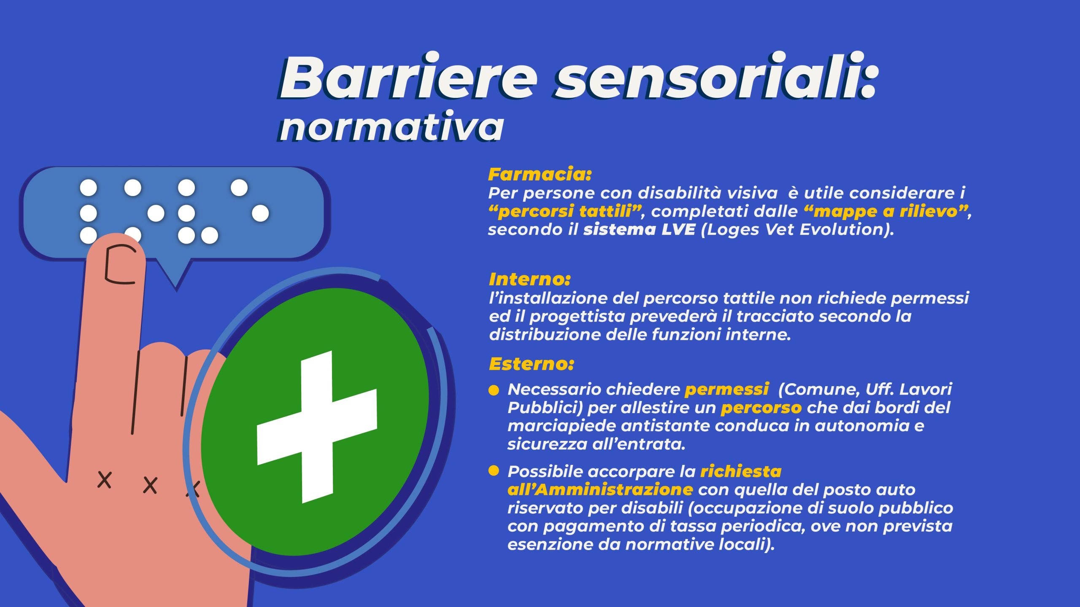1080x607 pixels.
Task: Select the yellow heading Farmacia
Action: [540, 174]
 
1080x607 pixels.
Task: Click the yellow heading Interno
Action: [529, 279]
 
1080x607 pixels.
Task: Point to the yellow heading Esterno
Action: [531, 364]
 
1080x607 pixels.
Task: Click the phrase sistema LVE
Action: [639, 230]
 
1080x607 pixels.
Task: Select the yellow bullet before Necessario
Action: [494, 390]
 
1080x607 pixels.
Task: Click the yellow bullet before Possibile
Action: [494, 470]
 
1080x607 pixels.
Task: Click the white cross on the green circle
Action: [317, 427]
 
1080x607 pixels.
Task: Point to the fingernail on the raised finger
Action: [120, 264]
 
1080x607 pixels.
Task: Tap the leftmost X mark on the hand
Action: [104, 480]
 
